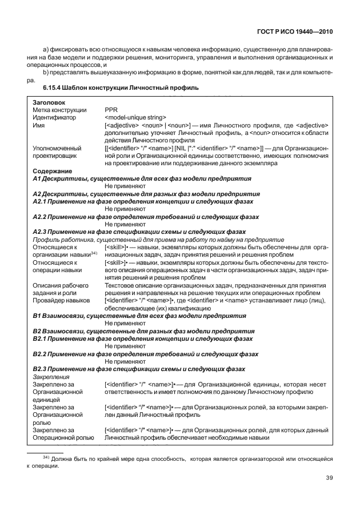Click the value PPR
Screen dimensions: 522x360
coord(111,109)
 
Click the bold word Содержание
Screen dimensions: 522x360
coord(52,171)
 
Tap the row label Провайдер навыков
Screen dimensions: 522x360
coord(61,300)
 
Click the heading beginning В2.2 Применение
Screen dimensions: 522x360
coord(146,354)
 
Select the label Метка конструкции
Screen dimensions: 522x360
coord(59,109)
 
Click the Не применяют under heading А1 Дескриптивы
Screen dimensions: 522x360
coord(125,186)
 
